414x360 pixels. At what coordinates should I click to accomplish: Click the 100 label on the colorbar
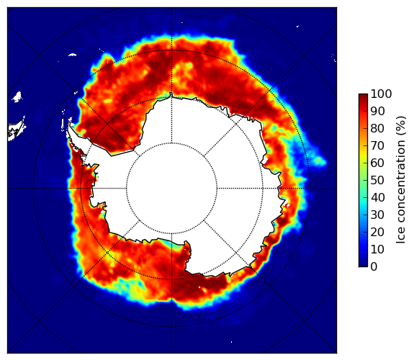click(381, 94)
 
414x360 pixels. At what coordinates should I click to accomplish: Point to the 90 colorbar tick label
click(377, 111)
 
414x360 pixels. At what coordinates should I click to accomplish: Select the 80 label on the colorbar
click(377, 129)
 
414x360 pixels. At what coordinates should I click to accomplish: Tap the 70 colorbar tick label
click(377, 145)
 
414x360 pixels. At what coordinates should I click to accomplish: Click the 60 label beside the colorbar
click(377, 163)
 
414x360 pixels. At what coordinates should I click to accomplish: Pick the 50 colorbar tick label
click(377, 181)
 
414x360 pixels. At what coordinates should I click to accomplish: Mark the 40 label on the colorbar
click(377, 197)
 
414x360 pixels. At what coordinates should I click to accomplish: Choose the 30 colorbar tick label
click(377, 215)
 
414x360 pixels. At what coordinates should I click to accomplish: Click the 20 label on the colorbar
click(377, 232)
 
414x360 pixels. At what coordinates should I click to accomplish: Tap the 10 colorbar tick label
click(377, 249)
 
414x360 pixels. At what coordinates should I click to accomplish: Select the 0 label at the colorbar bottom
click(374, 267)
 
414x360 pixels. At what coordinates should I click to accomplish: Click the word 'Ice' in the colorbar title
click(401, 236)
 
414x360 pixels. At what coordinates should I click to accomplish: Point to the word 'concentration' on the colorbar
click(401, 181)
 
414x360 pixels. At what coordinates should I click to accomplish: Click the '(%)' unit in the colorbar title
click(401, 125)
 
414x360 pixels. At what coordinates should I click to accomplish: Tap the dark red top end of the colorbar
click(363, 96)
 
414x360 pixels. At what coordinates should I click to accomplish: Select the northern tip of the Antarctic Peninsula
click(69, 124)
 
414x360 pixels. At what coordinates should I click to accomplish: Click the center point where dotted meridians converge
click(171, 189)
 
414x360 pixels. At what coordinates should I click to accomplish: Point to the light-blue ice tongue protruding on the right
click(319, 161)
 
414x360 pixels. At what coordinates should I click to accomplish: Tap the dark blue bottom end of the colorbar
click(363, 265)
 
